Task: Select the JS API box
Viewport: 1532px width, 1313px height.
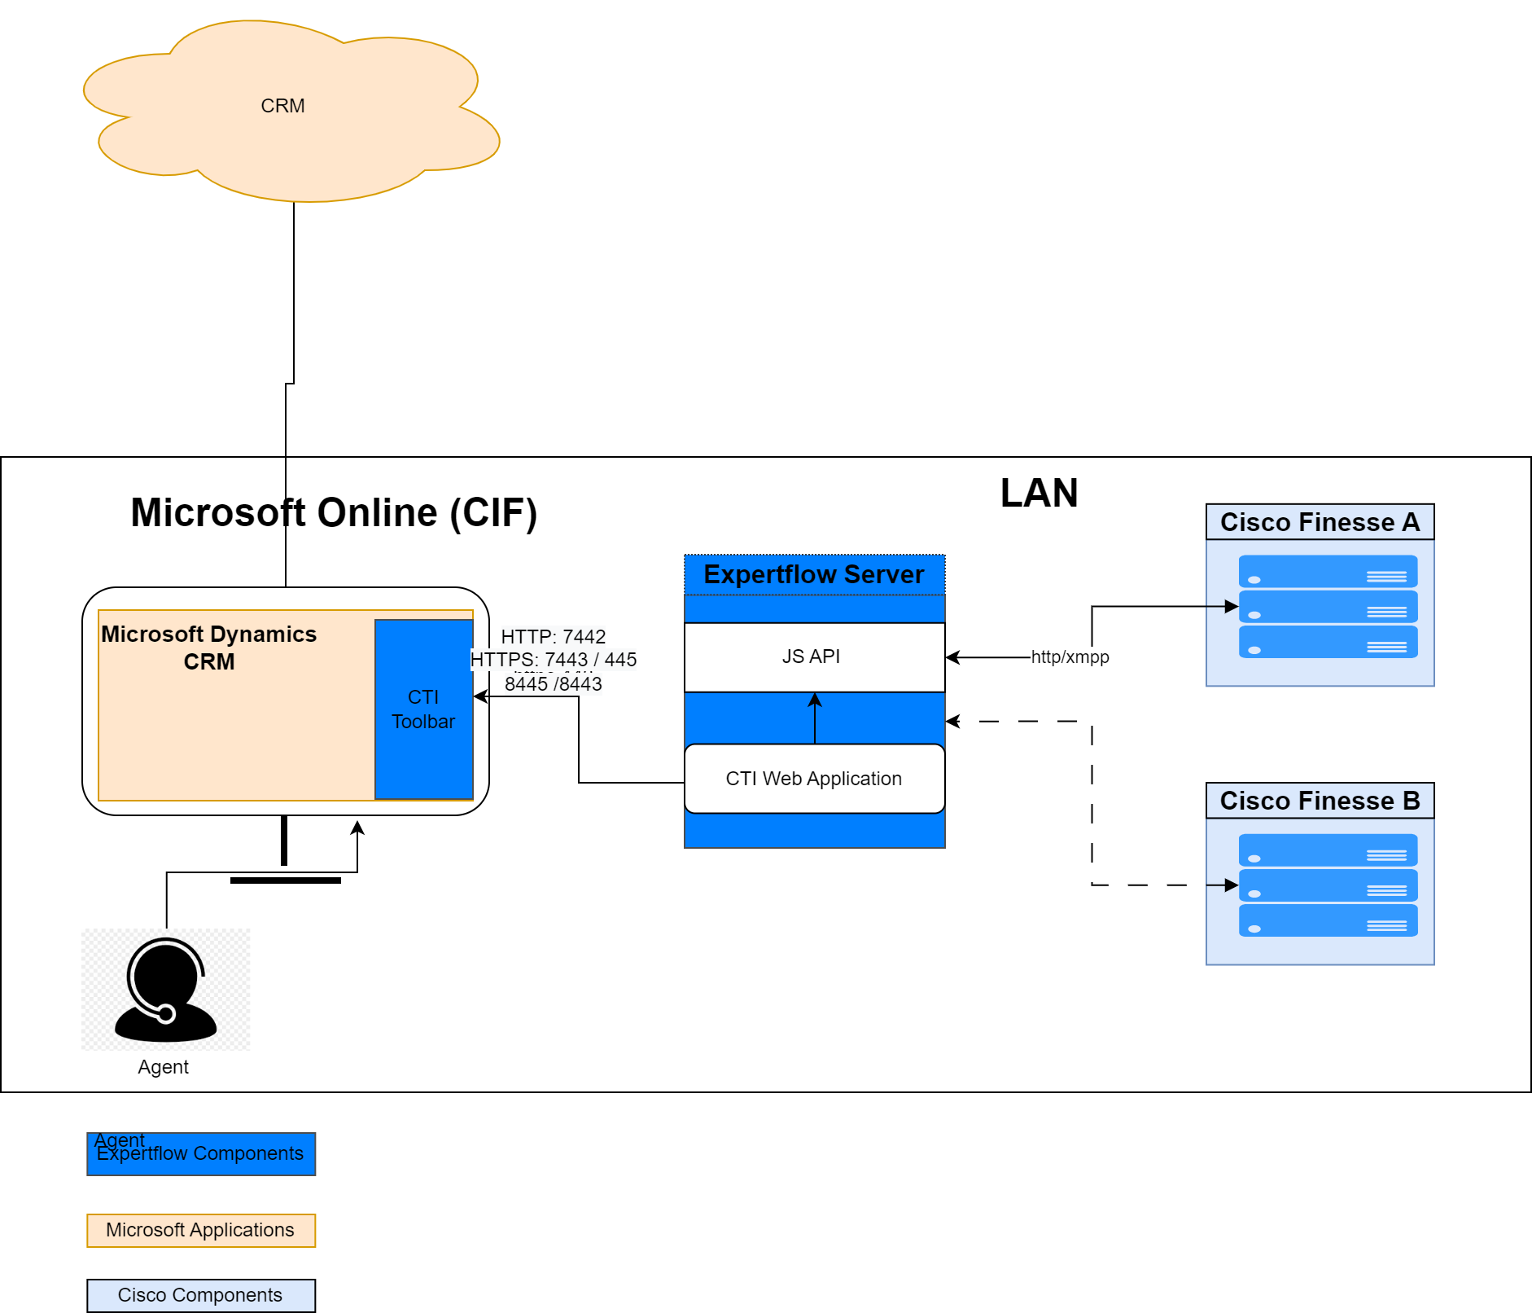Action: [x=814, y=656]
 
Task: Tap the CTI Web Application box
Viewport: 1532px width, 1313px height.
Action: [x=814, y=779]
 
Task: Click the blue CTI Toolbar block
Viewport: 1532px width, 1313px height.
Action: [x=423, y=709]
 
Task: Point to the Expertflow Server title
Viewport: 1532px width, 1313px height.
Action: [x=814, y=574]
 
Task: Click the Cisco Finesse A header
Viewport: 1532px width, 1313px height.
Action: [x=1320, y=522]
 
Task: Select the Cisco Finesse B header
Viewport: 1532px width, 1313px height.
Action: [x=1320, y=801]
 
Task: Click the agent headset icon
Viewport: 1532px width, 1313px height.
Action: [x=166, y=989]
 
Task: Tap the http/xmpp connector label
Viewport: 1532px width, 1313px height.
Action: [x=1070, y=657]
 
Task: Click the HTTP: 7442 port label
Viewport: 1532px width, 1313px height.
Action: [x=554, y=637]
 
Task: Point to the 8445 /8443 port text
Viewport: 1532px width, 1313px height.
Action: [x=554, y=684]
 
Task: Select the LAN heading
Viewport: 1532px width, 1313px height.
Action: [x=1039, y=494]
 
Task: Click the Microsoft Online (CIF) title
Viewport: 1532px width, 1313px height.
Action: [x=334, y=513]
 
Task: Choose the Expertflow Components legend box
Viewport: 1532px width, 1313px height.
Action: [x=201, y=1154]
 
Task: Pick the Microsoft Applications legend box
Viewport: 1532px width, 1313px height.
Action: [x=201, y=1230]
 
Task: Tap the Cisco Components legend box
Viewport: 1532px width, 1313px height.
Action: [x=201, y=1295]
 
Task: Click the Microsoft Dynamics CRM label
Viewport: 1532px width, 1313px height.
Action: [x=209, y=648]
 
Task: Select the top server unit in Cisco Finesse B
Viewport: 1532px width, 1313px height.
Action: [x=1328, y=850]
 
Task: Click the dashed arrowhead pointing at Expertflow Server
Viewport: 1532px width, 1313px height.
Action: [x=953, y=721]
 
